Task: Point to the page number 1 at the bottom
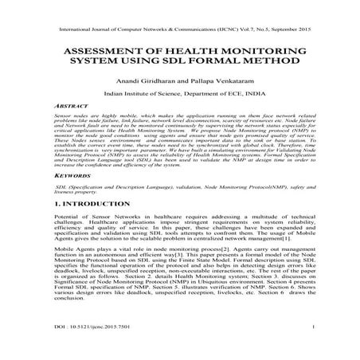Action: pyautogui.click(x=316, y=348)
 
